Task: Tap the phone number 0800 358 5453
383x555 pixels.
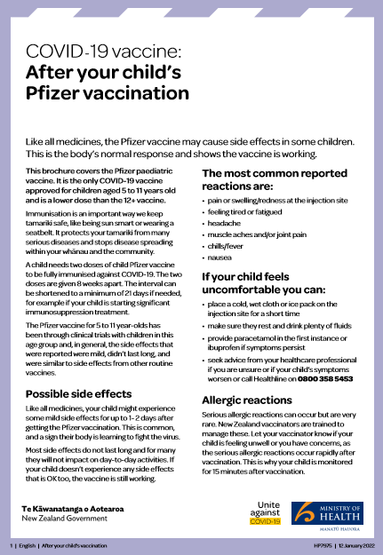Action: [326, 379]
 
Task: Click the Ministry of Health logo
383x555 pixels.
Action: [331, 513]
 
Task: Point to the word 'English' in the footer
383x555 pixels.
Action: [28, 544]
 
